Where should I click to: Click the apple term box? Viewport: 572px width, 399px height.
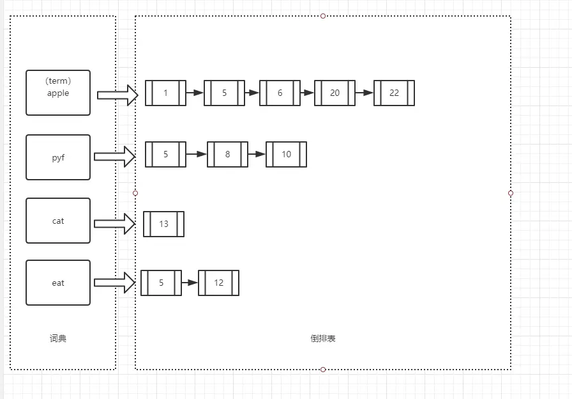coord(58,93)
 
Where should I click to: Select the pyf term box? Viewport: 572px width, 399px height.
coord(58,157)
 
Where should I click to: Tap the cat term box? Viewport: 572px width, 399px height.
coord(58,221)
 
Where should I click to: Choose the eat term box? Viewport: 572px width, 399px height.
coord(58,283)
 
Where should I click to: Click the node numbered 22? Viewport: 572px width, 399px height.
coord(394,93)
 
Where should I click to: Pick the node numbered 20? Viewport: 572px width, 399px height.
coord(335,93)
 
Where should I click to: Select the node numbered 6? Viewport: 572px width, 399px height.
coord(280,93)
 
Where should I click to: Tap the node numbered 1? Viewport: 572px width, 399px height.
coord(165,93)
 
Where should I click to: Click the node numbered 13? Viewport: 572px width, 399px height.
coord(163,224)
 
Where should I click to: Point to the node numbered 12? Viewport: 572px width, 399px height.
coord(218,283)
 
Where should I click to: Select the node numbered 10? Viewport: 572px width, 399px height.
coord(286,154)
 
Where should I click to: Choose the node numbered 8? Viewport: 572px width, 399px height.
coord(227,154)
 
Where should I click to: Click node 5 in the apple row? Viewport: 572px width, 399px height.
coord(224,93)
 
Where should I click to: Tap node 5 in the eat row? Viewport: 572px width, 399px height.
coord(161,283)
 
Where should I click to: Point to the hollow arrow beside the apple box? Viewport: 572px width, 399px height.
coord(118,95)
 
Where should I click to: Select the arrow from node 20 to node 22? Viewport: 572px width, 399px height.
coord(364,93)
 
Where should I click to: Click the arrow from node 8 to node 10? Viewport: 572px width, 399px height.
coord(257,154)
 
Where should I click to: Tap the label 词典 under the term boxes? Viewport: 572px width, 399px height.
coord(58,338)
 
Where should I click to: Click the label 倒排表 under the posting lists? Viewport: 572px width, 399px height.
coord(323,338)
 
